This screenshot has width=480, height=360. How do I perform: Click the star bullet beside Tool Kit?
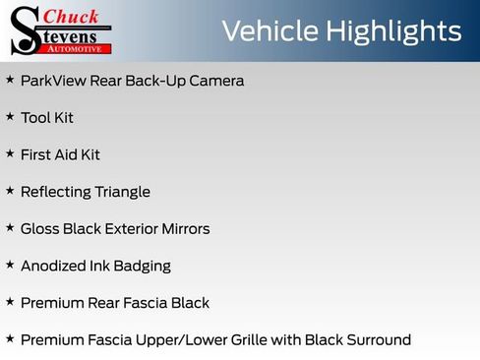10,117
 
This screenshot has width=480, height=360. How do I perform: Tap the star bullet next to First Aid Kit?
10,154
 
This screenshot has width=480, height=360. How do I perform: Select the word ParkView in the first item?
53,81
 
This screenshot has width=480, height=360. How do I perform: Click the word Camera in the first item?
217,81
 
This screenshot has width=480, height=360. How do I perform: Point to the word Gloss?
39,229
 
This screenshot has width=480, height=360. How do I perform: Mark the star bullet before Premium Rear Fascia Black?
10,302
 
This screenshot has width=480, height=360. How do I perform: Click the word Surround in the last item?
378,340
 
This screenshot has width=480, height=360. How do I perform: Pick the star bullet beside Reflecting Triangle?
10,191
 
